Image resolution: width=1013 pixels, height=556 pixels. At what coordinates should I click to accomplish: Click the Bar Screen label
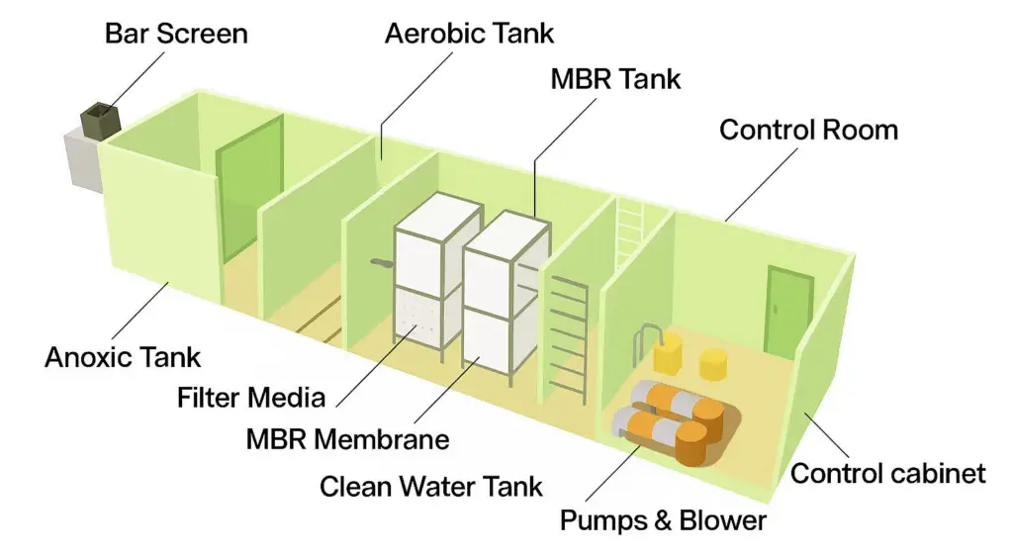pos(177,33)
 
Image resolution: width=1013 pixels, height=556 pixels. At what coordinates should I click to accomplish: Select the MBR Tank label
pos(616,78)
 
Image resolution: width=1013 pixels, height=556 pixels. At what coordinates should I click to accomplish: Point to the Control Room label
pos(808,129)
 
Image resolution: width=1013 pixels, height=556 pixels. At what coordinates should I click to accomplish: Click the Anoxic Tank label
pos(123,356)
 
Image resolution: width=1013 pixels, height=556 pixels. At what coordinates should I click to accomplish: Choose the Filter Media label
pos(251,397)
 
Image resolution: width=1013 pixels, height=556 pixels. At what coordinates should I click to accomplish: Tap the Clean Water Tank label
pos(431,486)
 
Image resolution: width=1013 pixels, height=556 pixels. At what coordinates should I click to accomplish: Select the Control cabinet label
pos(888,473)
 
